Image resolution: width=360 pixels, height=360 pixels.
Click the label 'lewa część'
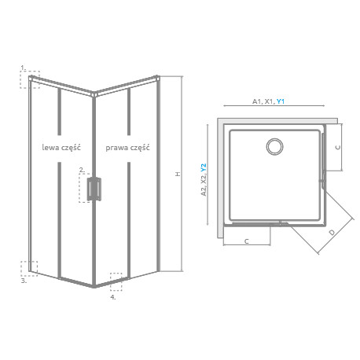coord(61,148)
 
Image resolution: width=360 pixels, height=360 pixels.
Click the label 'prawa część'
coord(127,148)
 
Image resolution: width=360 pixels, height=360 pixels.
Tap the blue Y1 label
coord(281,101)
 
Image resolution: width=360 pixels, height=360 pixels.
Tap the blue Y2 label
coord(204,167)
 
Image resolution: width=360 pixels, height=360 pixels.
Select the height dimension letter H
coord(178,174)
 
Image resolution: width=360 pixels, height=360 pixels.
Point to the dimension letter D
coord(332,232)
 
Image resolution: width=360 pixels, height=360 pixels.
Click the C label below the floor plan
coord(246,241)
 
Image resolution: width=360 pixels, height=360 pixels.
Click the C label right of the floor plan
coord(338,148)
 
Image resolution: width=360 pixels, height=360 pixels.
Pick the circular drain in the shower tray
coord(274,146)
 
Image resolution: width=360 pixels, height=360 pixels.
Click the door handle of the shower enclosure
coord(94,189)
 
